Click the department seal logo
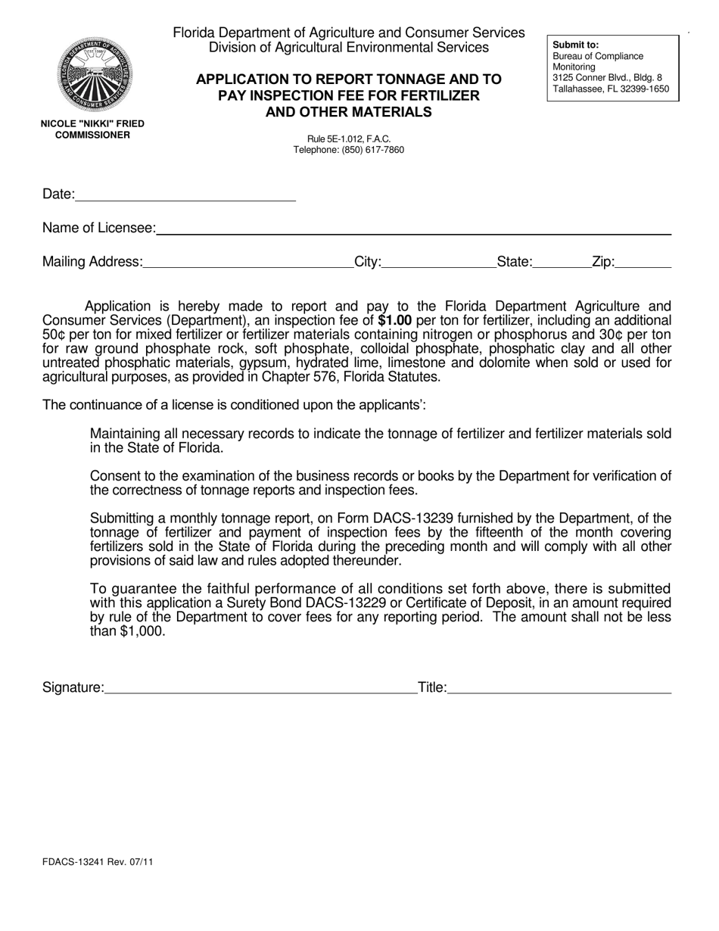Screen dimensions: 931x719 tap(92, 75)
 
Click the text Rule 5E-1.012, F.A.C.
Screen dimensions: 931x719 tap(349, 139)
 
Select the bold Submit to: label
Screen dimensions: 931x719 tap(575, 45)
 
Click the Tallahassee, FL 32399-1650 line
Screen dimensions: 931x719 tap(611, 89)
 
